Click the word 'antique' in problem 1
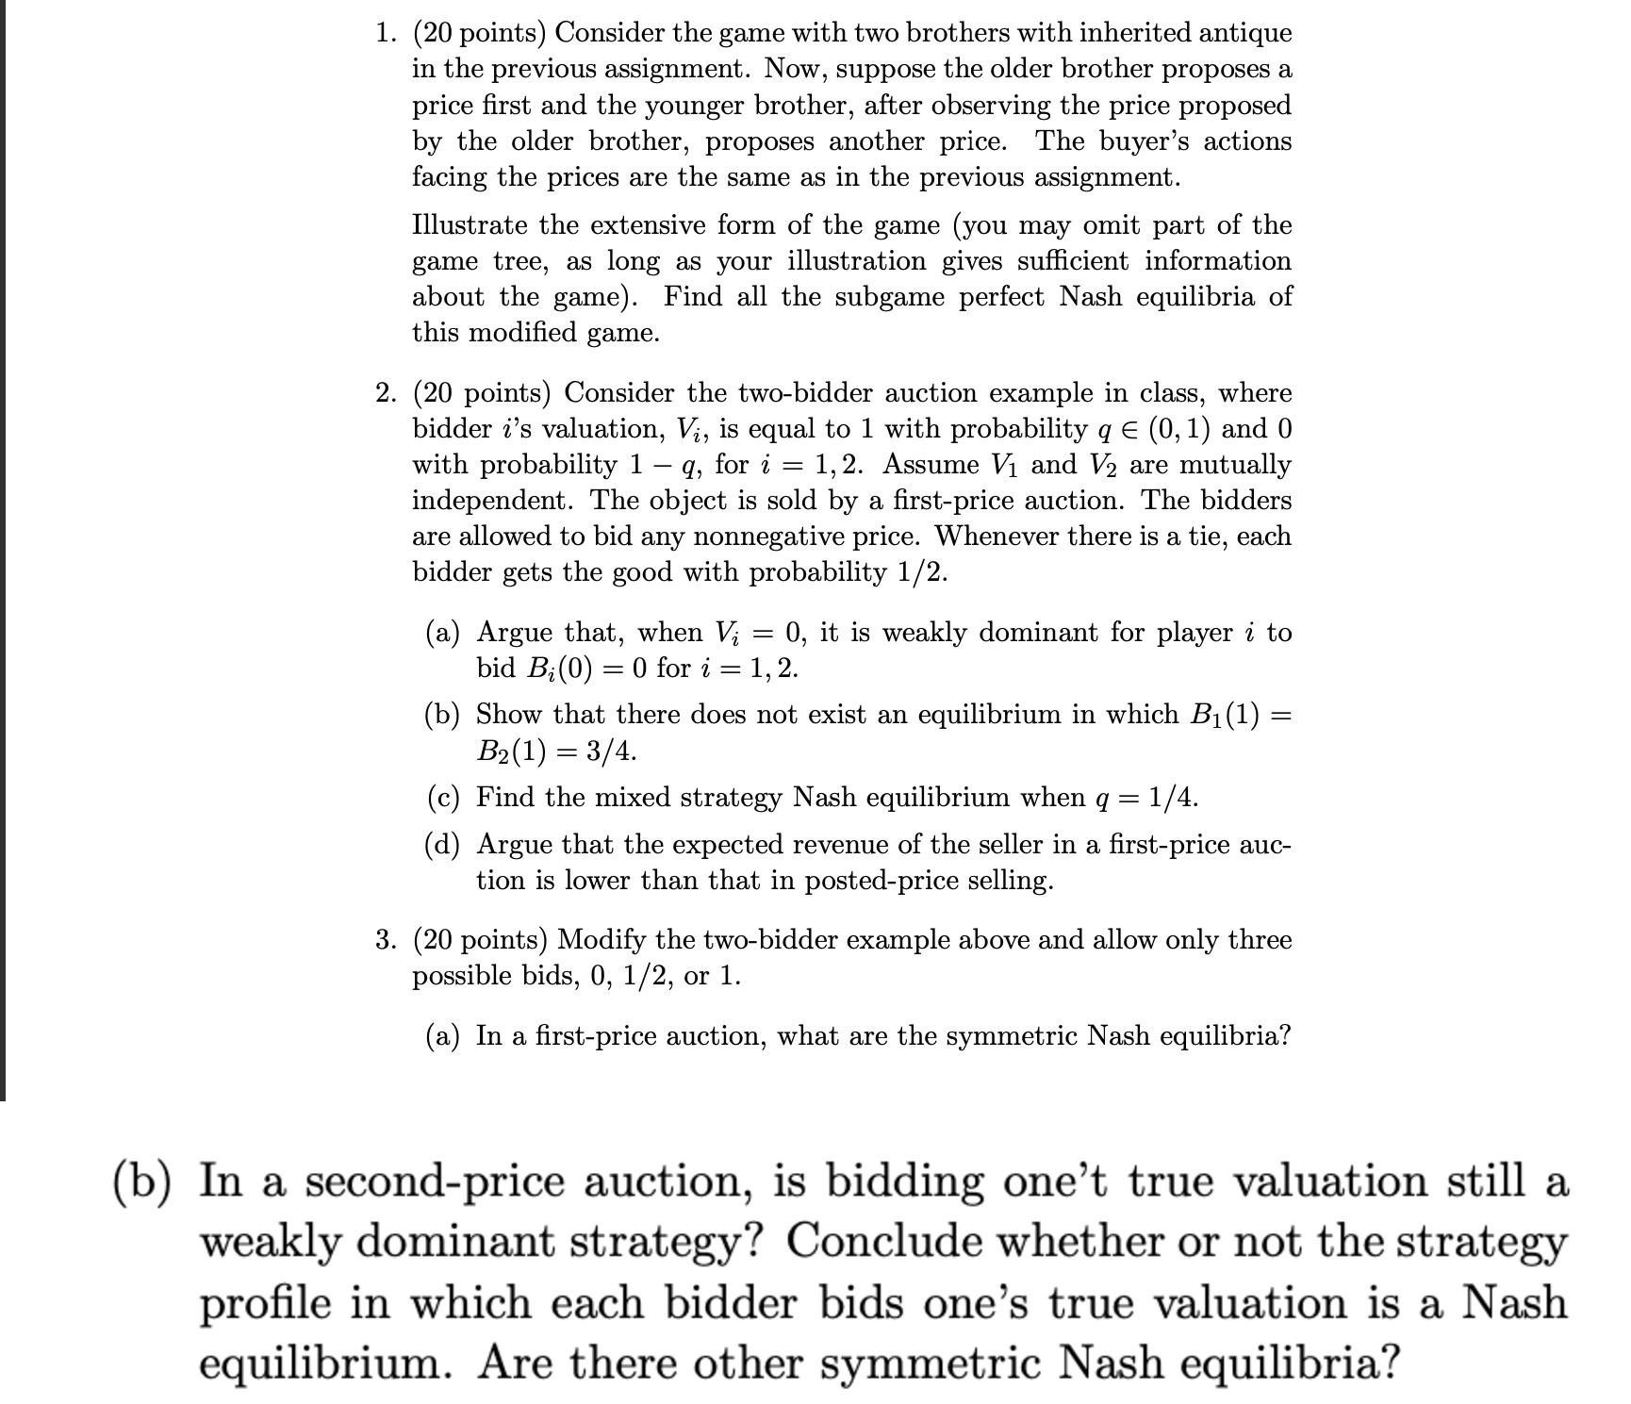1244,34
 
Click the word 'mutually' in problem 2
1236,465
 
